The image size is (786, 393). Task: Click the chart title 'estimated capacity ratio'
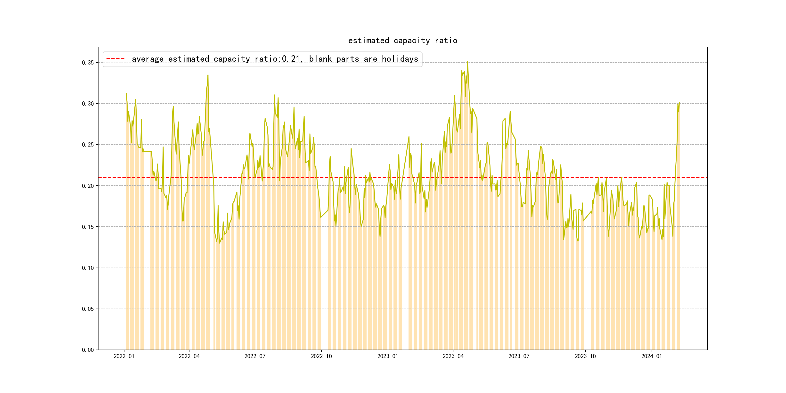pyautogui.click(x=402, y=41)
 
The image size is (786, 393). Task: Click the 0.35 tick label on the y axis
pyautogui.click(x=88, y=63)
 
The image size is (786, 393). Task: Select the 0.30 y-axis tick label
pyautogui.click(x=88, y=104)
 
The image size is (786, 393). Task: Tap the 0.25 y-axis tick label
pyautogui.click(x=88, y=145)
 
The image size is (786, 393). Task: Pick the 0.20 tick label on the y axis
pyautogui.click(x=88, y=186)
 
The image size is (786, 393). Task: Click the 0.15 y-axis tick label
pyautogui.click(x=88, y=227)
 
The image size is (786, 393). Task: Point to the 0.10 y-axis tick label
pyautogui.click(x=88, y=268)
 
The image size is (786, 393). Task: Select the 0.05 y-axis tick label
pyautogui.click(x=88, y=309)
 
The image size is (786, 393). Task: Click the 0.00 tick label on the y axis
pyautogui.click(x=88, y=350)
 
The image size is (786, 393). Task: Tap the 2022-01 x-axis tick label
pyautogui.click(x=124, y=356)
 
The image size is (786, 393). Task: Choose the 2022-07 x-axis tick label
pyautogui.click(x=255, y=356)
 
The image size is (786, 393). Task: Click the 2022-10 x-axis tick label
pyautogui.click(x=321, y=356)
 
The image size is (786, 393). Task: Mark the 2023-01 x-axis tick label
pyautogui.click(x=387, y=356)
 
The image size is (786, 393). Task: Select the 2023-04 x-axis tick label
pyautogui.click(x=453, y=356)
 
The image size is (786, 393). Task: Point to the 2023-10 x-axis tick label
pyautogui.click(x=585, y=356)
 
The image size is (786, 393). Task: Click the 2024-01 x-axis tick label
pyautogui.click(x=651, y=356)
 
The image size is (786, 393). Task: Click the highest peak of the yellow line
pyautogui.click(x=467, y=62)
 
